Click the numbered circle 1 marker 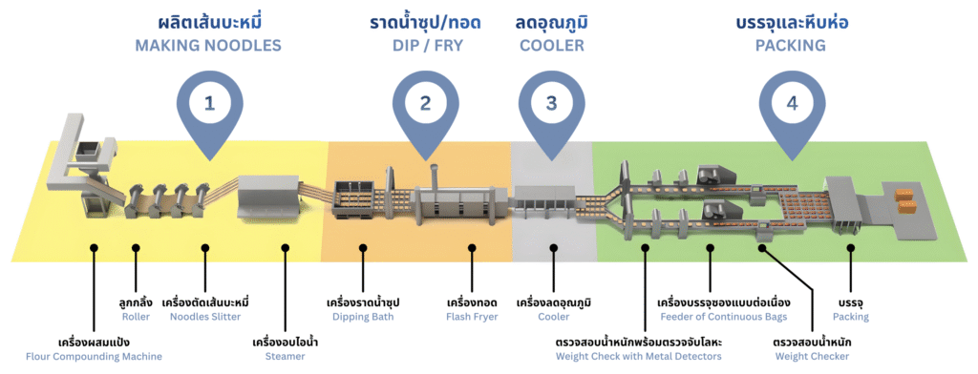[208, 104]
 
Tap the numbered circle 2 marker [425, 104]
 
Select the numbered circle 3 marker [551, 104]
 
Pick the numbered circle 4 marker [791, 104]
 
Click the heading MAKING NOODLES [208, 45]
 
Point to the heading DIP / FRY [425, 45]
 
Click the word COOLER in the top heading [551, 45]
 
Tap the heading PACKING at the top [791, 45]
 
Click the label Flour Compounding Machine [107, 356]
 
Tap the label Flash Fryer [472, 316]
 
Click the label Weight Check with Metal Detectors [638, 356]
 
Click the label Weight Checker [812, 356]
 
